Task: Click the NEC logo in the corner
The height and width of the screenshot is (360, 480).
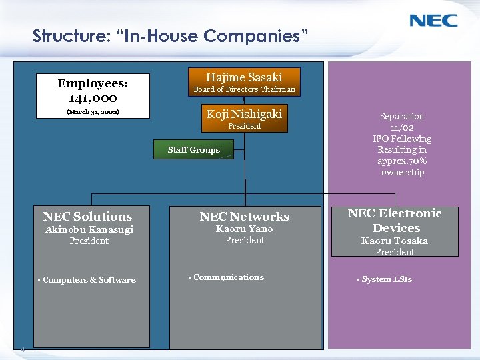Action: (x=433, y=20)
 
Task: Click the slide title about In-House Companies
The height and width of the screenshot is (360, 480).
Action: (x=171, y=35)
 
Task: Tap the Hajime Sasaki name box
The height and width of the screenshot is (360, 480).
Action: (x=244, y=77)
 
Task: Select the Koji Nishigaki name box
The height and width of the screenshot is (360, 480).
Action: (x=244, y=114)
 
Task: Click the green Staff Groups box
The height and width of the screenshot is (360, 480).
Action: (x=193, y=150)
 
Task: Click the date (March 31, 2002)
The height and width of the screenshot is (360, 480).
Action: (x=93, y=112)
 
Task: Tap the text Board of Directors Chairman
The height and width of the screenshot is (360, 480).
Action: (x=244, y=89)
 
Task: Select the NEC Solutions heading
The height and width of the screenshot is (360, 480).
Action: (x=87, y=216)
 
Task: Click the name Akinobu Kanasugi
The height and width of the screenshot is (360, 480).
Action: (x=89, y=229)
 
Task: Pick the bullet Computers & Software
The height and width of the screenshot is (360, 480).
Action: (x=89, y=280)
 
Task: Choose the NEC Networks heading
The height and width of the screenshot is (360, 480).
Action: (x=245, y=216)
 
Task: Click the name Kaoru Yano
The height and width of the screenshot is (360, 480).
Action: (x=245, y=229)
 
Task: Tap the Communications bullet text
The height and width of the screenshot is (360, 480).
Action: (x=228, y=277)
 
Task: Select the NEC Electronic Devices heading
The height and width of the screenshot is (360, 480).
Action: (x=395, y=220)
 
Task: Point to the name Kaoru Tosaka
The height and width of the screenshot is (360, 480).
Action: (x=395, y=241)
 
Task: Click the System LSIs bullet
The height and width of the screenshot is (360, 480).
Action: (x=387, y=279)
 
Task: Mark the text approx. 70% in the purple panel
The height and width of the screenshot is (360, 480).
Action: (x=402, y=161)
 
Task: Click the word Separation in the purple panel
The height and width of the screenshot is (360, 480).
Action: (x=402, y=116)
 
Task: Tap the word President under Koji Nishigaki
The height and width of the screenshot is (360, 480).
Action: (x=245, y=126)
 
